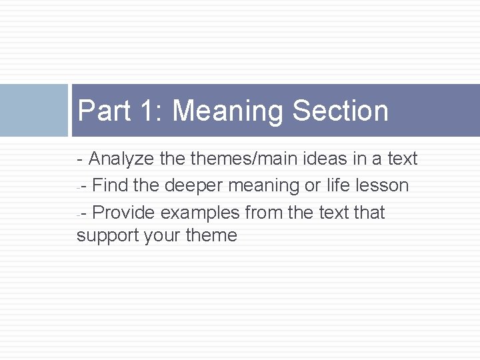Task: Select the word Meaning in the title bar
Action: [x=227, y=111]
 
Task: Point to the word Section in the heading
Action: [x=340, y=111]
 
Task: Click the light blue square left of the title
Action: [x=33, y=110]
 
